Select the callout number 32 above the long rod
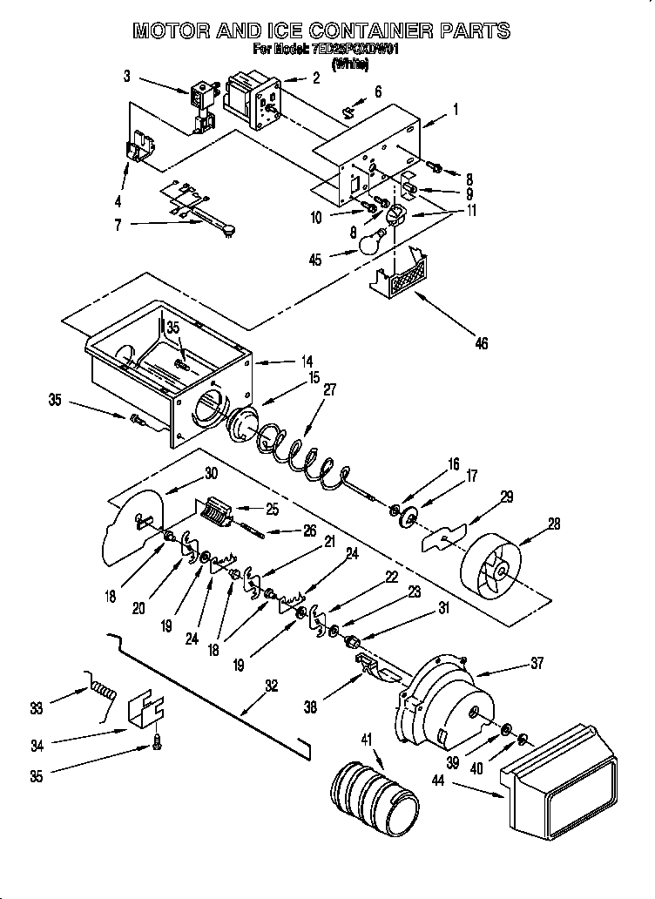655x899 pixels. coord(271,686)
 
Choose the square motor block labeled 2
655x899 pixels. coord(252,101)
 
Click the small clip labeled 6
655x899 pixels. coord(350,111)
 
